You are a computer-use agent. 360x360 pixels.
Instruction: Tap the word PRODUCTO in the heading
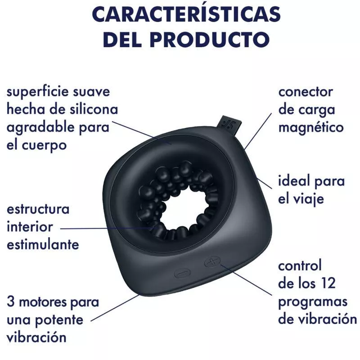point(210,40)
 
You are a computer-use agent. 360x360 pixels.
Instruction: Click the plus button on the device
point(212,262)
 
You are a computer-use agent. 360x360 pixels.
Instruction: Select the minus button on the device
point(183,273)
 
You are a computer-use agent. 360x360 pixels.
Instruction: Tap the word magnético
point(311,128)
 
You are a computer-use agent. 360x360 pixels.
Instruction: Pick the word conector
point(306,92)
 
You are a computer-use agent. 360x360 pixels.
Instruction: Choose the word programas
point(313,302)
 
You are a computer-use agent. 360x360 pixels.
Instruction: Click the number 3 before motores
point(10,301)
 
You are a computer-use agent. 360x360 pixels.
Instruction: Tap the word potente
point(58,320)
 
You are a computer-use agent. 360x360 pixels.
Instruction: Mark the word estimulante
point(43,244)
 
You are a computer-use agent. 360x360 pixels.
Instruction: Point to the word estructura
point(38,209)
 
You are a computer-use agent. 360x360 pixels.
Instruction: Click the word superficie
point(38,92)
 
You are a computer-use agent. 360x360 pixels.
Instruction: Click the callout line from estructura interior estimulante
point(106,228)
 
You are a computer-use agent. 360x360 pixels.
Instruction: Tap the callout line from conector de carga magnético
point(258,131)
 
